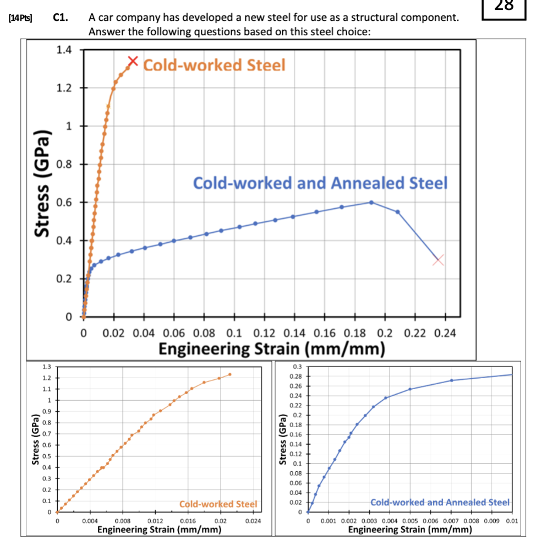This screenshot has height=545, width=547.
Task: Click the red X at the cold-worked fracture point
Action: [132, 61]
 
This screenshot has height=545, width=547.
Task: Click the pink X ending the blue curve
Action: [438, 259]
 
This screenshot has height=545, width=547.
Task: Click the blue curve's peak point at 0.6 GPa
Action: [371, 202]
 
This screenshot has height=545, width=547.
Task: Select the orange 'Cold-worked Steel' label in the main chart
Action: [215, 65]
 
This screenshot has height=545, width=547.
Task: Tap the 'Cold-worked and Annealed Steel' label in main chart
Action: [320, 183]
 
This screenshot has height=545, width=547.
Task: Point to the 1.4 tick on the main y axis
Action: [64, 50]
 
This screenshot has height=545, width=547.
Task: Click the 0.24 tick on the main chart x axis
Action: [444, 333]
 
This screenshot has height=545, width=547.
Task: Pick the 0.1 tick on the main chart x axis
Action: [234, 333]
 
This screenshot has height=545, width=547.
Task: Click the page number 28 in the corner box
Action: [504, 7]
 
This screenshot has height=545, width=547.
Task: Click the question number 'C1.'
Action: [61, 18]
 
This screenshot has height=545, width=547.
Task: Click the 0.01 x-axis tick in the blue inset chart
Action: [512, 520]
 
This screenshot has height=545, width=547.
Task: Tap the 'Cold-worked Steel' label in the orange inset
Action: [218, 504]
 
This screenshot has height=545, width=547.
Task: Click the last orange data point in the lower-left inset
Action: [230, 374]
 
